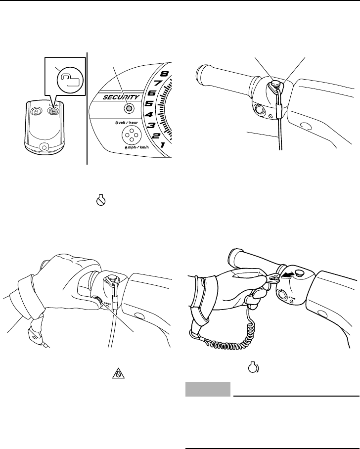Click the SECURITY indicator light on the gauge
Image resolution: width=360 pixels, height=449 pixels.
pyautogui.click(x=129, y=108)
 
